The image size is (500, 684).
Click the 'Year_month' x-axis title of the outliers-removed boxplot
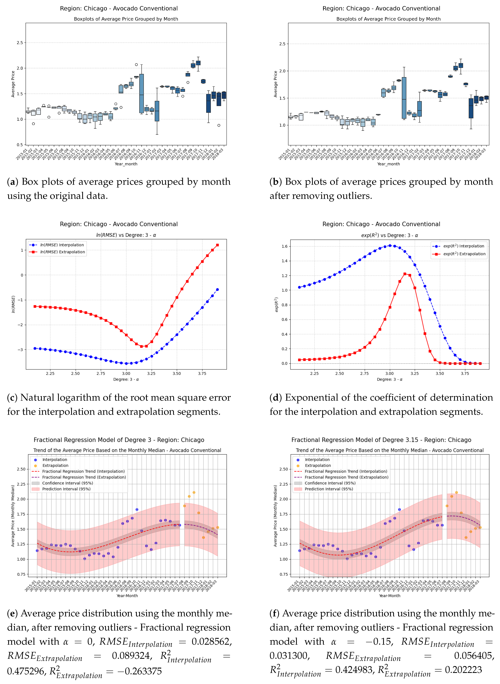tap(388, 164)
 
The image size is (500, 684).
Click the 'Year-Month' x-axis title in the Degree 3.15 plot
tap(390, 596)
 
